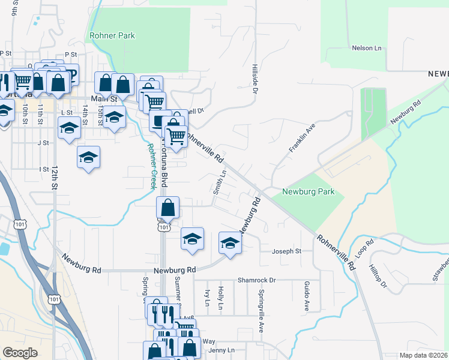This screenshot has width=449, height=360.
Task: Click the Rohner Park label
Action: coord(112,35)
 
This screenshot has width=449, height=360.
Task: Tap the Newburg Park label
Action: coord(308,193)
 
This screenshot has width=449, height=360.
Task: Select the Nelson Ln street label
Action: coord(366,47)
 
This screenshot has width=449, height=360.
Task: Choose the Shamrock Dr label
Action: coord(256,280)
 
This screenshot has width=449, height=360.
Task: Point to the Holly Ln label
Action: coord(220,298)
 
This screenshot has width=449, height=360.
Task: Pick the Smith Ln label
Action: coord(220,181)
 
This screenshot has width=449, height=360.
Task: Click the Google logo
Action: coord(20,353)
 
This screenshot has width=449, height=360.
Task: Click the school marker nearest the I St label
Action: coord(88,158)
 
